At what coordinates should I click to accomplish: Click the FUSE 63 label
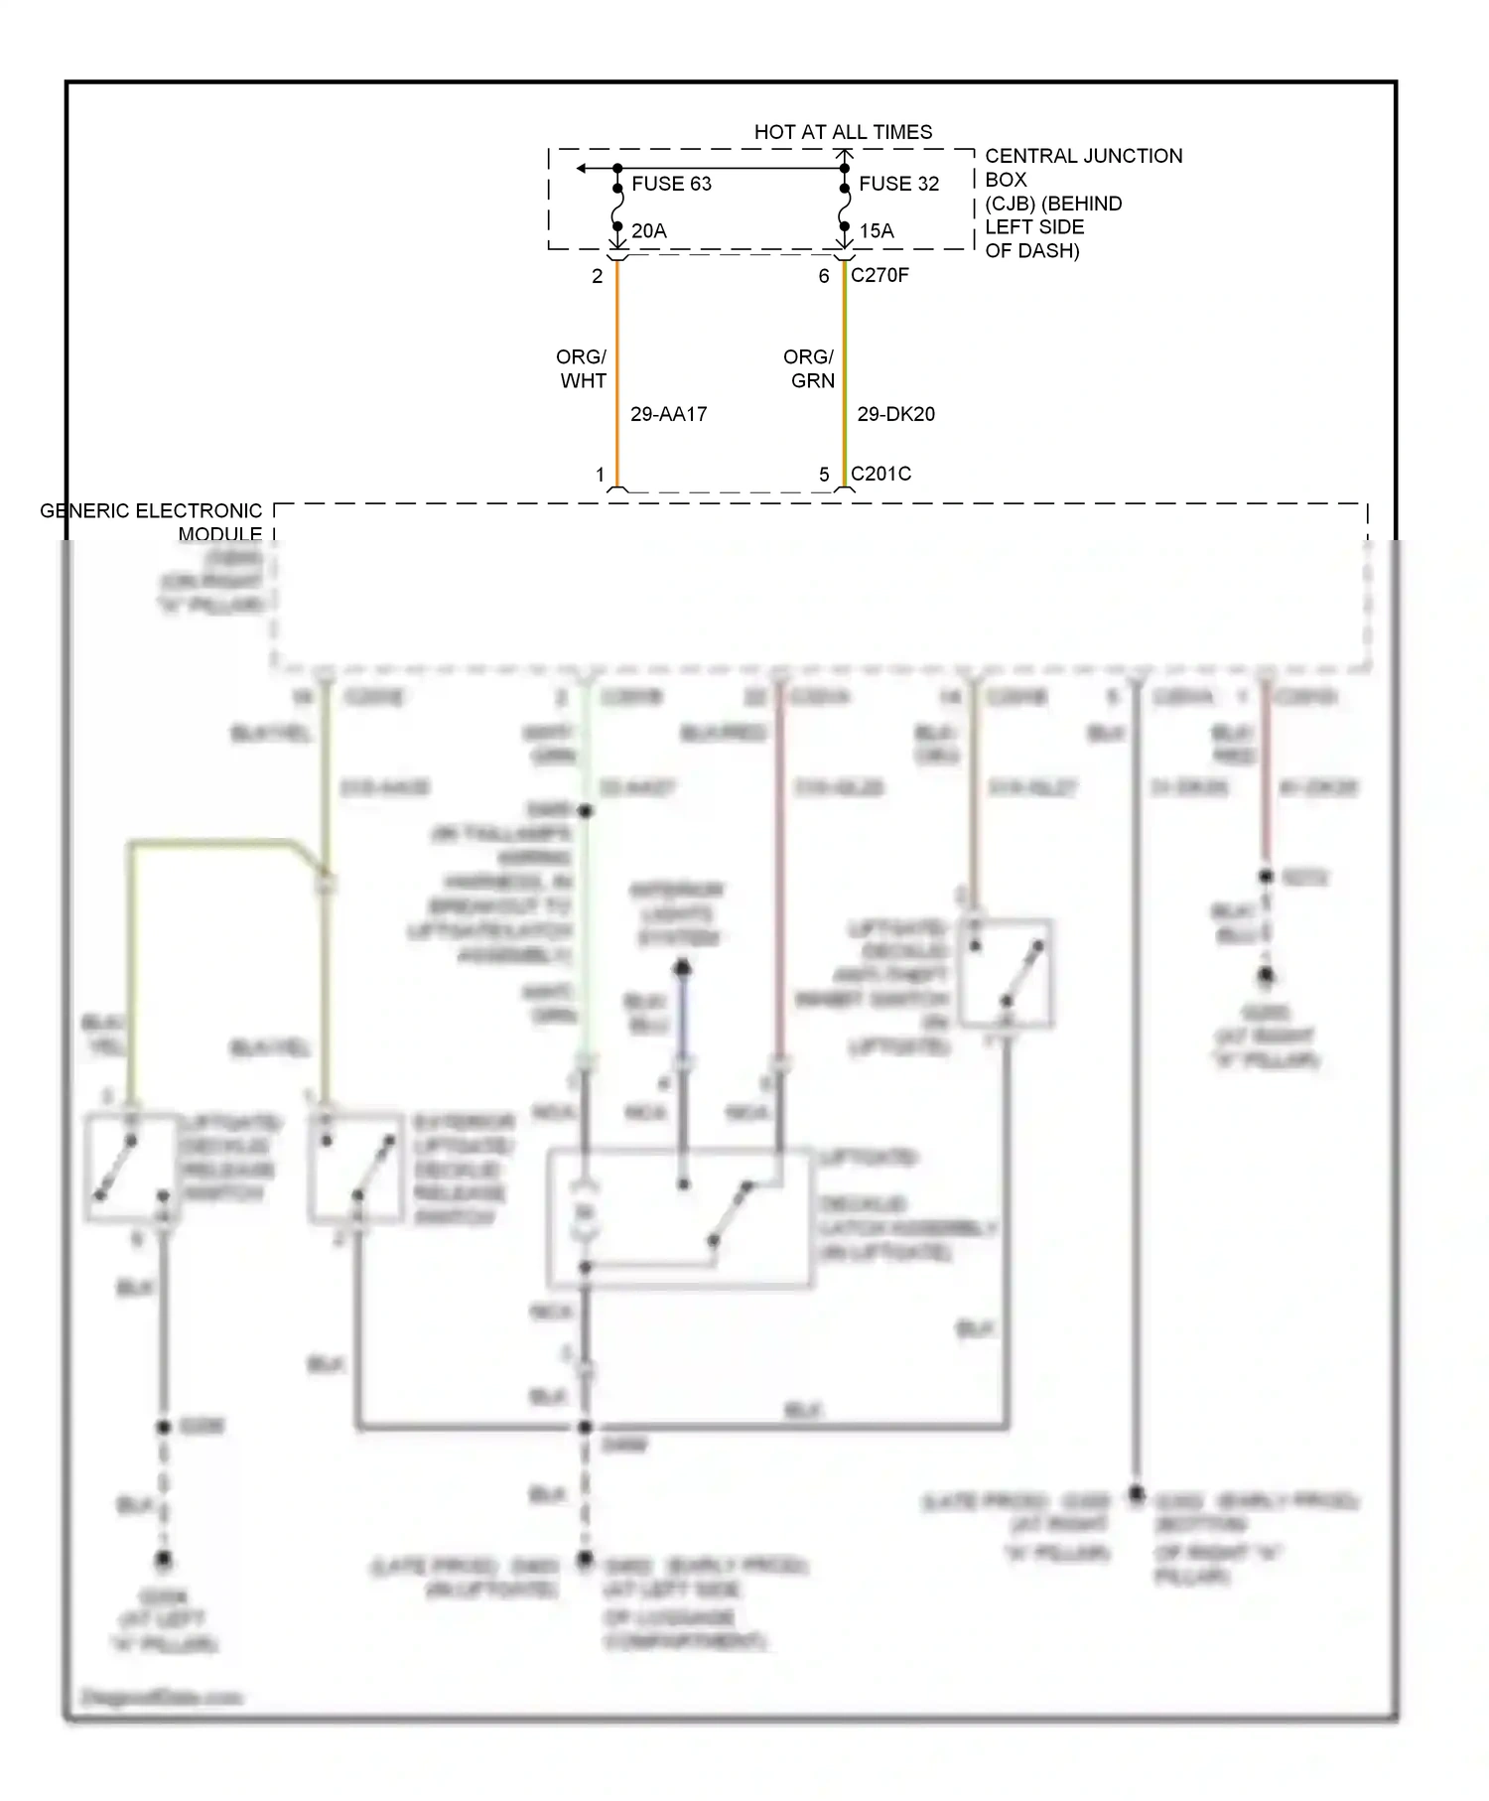pos(671,184)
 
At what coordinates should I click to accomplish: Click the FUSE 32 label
pos(898,184)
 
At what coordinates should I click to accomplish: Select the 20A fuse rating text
pos(648,231)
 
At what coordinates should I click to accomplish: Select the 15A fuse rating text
pos(876,231)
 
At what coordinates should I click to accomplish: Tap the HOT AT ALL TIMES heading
pos(843,132)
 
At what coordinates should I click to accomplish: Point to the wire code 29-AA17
pos(668,414)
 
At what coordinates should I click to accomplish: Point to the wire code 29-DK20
pos(895,414)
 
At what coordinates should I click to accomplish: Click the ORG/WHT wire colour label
pos(582,368)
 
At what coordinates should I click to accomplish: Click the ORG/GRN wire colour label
pos(809,368)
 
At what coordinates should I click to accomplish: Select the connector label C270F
pos(880,275)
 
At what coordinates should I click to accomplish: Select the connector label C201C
pos(880,474)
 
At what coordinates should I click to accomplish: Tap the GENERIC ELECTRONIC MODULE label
pos(151,522)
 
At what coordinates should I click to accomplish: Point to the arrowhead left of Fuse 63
pos(583,169)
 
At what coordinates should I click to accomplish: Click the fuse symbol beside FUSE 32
pos(845,208)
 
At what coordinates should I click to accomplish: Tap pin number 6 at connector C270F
pos(824,276)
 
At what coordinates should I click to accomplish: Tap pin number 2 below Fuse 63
pos(598,276)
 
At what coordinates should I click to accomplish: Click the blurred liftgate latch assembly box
pos(680,1219)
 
